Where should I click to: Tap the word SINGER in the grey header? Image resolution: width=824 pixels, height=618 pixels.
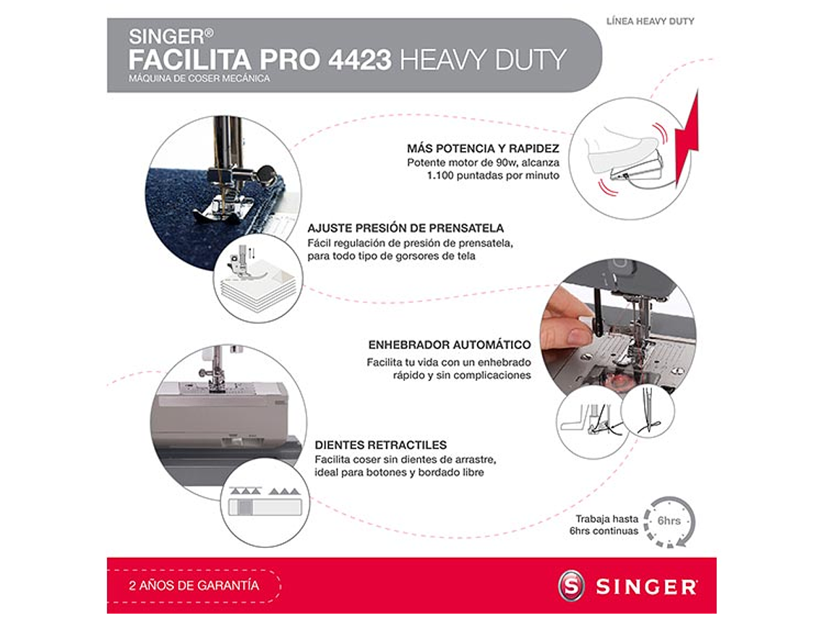(x=166, y=36)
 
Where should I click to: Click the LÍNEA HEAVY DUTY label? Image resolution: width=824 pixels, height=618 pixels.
(x=650, y=22)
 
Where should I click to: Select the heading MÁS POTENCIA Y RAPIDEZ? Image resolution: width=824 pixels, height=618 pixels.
(x=483, y=149)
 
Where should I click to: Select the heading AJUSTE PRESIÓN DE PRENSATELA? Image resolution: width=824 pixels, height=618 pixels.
(x=405, y=228)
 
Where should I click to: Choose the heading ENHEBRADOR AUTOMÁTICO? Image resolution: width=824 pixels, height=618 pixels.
(x=449, y=345)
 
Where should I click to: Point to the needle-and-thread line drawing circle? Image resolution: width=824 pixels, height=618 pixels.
(x=648, y=412)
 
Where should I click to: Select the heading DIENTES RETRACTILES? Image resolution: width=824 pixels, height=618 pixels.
(x=381, y=445)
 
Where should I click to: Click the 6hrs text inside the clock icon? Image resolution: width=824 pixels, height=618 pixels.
(x=668, y=520)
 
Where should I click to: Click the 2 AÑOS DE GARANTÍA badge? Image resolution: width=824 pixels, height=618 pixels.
(x=194, y=585)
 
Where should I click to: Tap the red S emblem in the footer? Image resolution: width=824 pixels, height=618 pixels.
(x=571, y=585)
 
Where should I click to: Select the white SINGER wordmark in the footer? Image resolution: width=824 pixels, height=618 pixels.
(x=646, y=587)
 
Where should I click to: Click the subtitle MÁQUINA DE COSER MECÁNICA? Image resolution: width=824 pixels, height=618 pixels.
(x=199, y=79)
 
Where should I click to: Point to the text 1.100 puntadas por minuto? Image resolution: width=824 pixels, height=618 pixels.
(x=493, y=176)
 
